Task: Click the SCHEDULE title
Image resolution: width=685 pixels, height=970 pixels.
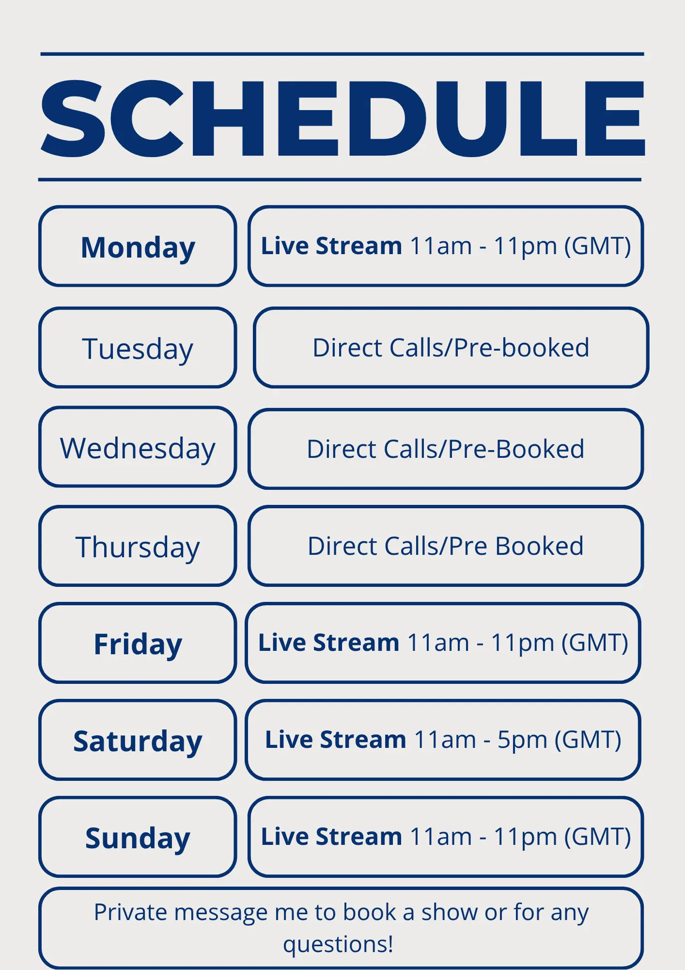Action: (x=342, y=119)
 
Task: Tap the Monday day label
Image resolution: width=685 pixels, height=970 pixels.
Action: (x=138, y=248)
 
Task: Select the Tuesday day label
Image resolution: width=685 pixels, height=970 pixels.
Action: (x=138, y=349)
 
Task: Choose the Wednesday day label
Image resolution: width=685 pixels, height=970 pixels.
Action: (x=138, y=449)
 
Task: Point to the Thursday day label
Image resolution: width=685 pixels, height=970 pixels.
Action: (x=138, y=548)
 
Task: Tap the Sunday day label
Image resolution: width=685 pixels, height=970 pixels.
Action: (x=138, y=839)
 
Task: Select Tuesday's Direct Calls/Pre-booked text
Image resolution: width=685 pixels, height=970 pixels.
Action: (x=451, y=348)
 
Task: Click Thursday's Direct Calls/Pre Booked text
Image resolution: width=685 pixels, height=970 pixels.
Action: (x=446, y=546)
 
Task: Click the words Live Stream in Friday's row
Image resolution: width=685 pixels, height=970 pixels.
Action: (x=329, y=643)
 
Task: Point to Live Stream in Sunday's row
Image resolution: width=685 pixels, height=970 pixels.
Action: (x=332, y=837)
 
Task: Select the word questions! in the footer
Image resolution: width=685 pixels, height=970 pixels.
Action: (x=338, y=944)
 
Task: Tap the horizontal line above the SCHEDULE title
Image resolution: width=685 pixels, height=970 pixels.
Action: (x=342, y=54)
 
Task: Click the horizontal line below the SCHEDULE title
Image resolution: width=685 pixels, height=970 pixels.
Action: (x=340, y=179)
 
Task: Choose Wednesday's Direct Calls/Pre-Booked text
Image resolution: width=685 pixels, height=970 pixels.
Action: (x=446, y=449)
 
